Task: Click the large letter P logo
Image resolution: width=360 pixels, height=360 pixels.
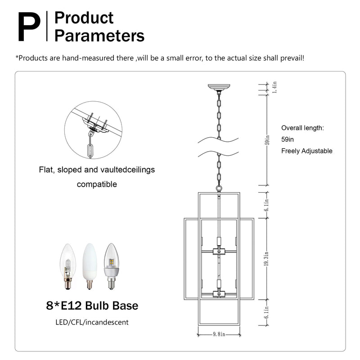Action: coord(29,27)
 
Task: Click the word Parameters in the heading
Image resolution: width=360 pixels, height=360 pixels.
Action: coord(99,36)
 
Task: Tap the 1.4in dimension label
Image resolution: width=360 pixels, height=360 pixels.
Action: coord(274,87)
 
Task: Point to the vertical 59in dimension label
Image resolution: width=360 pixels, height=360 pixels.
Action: coord(267,140)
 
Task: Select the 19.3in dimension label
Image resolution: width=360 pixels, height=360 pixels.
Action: coord(267,258)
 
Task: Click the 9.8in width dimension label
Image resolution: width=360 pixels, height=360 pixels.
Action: coord(219,334)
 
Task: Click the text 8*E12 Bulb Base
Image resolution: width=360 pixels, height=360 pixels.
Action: coord(92,306)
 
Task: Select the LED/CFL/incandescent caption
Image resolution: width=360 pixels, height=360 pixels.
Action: coord(92,322)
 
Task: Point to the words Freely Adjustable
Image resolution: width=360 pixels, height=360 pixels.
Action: coord(306,151)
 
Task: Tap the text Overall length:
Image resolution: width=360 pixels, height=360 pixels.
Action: coord(302,128)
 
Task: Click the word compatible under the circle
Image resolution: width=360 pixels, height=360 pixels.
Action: coord(97,184)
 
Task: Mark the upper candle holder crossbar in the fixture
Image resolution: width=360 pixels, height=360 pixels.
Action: coord(219,251)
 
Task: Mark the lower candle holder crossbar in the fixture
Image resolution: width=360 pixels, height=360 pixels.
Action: coord(219,294)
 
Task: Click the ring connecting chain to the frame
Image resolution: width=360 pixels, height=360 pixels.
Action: coord(219,188)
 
